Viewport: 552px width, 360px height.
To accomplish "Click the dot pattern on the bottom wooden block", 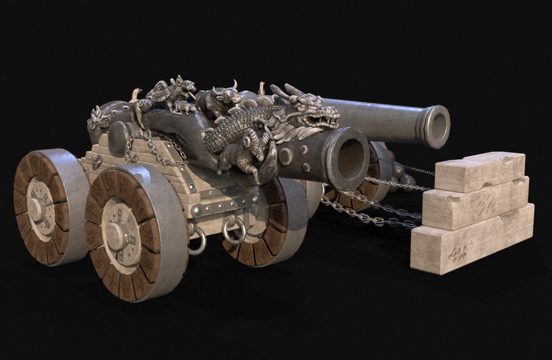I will click(x=458, y=254).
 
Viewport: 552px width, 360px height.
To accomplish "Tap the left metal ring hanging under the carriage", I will click(x=197, y=240).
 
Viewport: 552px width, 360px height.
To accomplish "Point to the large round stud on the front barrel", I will click(x=286, y=155).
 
